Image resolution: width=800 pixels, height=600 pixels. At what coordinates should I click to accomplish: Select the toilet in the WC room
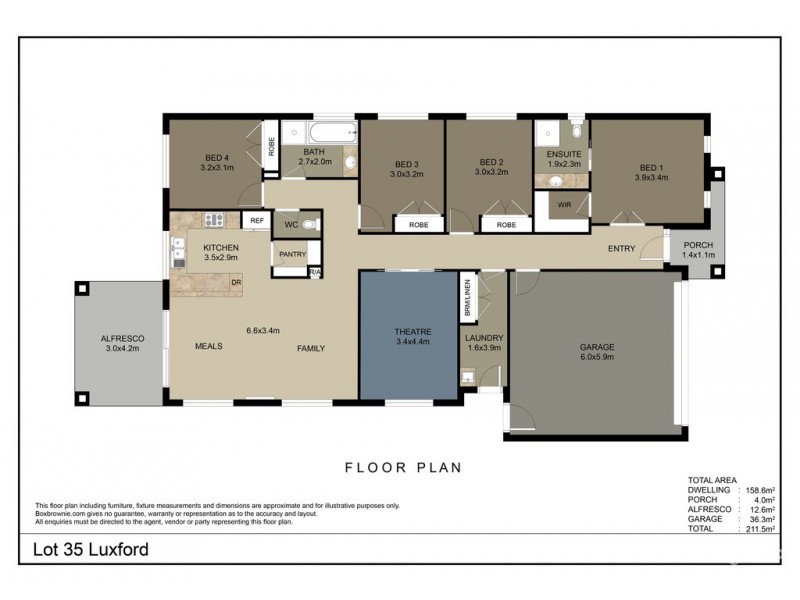309,224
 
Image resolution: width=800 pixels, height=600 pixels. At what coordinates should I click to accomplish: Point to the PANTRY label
292,254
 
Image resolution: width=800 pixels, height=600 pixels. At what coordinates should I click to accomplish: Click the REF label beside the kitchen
256,220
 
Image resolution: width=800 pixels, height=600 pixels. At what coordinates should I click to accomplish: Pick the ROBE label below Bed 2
506,225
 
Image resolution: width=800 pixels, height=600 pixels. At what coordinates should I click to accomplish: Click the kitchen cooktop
214,219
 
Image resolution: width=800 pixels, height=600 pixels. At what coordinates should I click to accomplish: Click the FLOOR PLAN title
402,466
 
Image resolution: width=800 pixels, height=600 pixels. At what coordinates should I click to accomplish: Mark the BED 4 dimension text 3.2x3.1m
217,168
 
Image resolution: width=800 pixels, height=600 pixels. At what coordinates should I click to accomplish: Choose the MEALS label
208,347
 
